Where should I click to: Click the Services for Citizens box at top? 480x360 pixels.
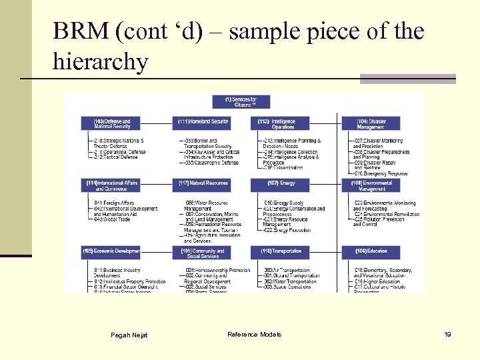click(x=241, y=101)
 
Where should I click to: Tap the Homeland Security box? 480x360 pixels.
click(x=203, y=122)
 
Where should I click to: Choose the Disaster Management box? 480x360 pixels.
click(x=371, y=123)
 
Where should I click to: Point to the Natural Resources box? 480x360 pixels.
click(x=203, y=183)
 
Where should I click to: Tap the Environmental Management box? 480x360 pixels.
click(x=371, y=185)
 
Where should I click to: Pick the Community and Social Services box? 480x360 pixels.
click(x=203, y=253)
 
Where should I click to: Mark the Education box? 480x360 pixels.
click(x=371, y=251)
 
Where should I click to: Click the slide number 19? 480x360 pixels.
click(x=447, y=334)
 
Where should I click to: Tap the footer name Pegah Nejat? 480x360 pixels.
click(x=129, y=335)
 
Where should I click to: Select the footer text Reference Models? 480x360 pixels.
click(x=254, y=334)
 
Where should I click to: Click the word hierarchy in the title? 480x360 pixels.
click(x=101, y=63)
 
